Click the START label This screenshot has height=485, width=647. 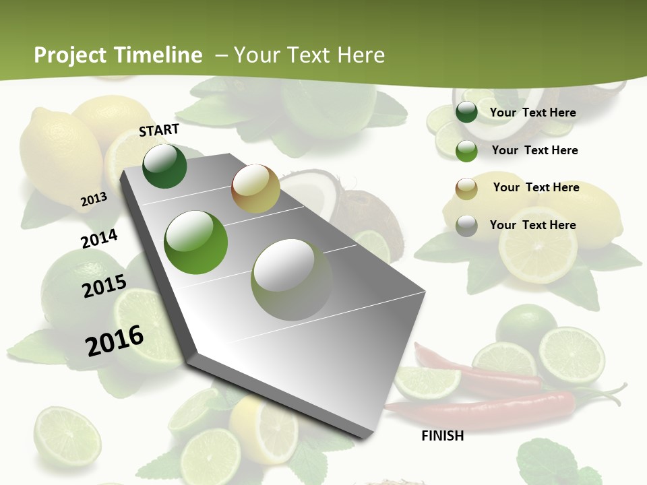pos(159,130)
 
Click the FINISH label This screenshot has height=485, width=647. pos(443,436)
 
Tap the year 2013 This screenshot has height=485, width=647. pos(94,199)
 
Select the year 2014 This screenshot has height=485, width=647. pos(99,239)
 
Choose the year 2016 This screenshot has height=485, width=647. pos(115,341)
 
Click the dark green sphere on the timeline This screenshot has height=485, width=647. pos(164,166)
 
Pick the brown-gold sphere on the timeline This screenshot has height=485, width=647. pos(255,189)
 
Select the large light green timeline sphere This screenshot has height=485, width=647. pos(196,243)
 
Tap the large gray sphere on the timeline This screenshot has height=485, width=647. pos(292,280)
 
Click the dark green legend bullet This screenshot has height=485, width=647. pos(466,112)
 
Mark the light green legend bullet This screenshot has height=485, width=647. pos(466,151)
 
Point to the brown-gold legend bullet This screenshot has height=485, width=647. pos(466,189)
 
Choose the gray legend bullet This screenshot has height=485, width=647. pos(466,226)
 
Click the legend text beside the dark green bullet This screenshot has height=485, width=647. pos(532,112)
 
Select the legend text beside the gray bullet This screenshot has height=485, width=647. pos(532,225)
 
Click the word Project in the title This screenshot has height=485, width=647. pos(71,55)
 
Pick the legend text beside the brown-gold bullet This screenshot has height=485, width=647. pos(536,187)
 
